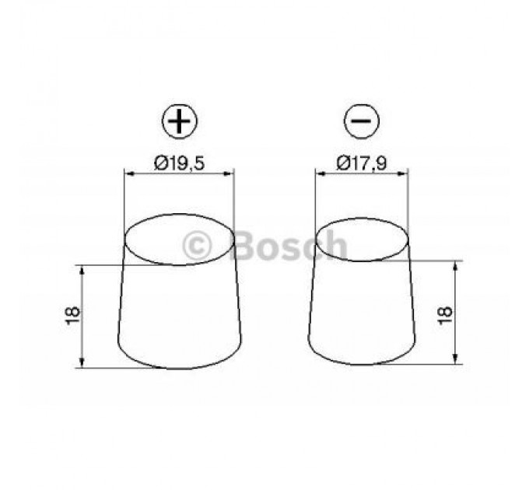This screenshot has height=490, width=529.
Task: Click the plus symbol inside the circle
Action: (180, 123)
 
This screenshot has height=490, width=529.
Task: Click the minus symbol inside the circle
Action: (362, 123)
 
